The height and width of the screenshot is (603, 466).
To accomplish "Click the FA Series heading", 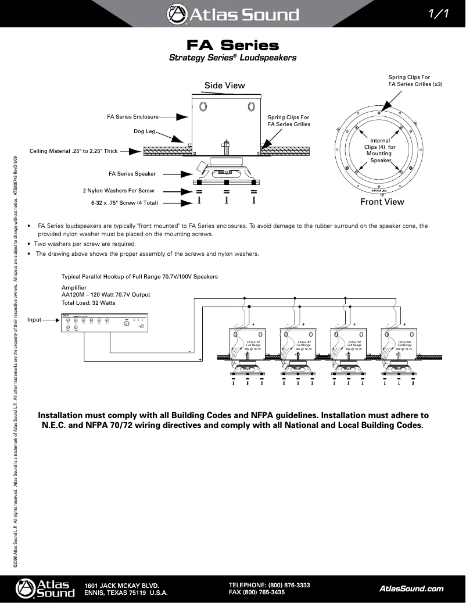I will point(232,45).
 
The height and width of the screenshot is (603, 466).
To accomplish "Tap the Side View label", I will point(224,85).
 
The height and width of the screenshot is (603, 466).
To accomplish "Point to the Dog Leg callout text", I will point(145,131).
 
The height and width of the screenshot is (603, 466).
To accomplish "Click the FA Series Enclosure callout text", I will point(132,116).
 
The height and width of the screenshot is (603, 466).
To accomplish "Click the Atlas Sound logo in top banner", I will point(232,14).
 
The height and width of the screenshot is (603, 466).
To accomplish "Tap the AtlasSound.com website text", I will point(411,588).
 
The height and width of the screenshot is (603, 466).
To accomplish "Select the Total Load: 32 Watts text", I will point(88,303).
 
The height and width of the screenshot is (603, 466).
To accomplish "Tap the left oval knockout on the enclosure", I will point(203,106).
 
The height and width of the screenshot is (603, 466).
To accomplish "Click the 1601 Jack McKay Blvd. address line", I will point(122,585).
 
